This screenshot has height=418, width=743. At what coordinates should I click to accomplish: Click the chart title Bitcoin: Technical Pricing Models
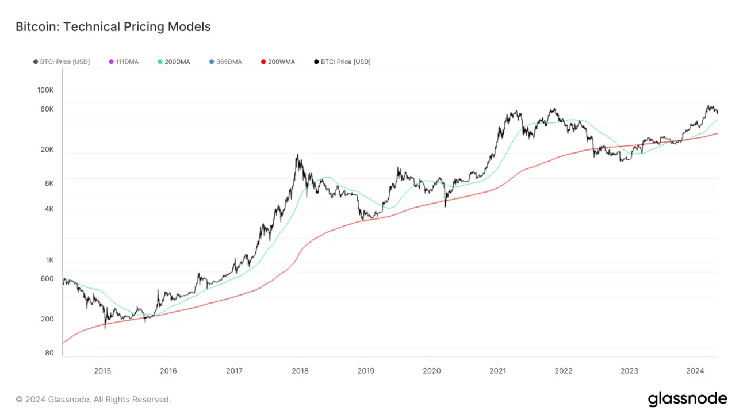click(113, 26)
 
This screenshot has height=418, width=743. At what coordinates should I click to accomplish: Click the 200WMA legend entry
click(281, 62)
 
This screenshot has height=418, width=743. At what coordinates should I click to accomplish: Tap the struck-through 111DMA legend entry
click(127, 62)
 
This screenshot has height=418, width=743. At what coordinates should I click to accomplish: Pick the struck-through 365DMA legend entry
click(229, 62)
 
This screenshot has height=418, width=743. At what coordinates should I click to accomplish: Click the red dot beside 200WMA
click(263, 62)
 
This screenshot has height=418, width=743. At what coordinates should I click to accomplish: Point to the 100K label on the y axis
click(45, 90)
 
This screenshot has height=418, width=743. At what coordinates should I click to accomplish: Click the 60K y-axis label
click(47, 109)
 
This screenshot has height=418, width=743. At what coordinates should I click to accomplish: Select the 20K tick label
click(47, 149)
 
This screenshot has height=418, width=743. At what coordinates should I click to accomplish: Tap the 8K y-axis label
click(48, 183)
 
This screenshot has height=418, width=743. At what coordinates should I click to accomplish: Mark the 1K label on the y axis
click(49, 260)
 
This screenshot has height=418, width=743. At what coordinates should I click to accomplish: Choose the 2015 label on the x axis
click(102, 370)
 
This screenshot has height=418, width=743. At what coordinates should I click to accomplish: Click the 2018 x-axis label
click(300, 370)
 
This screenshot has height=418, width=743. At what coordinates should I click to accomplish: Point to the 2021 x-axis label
click(497, 370)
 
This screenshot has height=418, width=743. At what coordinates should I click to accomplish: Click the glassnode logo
click(687, 399)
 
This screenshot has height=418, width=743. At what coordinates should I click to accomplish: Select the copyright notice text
click(93, 399)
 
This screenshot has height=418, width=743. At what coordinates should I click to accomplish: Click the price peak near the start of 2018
click(297, 155)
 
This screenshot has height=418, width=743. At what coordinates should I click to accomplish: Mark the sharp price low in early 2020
click(445, 206)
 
